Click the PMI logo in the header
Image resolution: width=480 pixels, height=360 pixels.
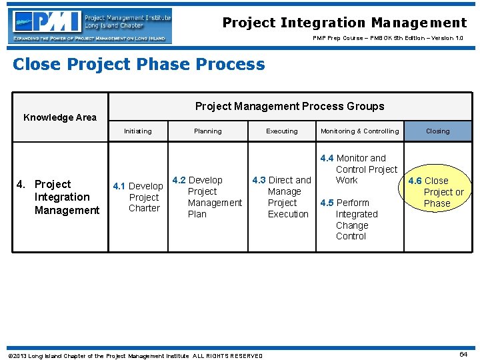coord(91,26)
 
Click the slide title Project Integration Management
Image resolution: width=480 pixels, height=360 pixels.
coord(344,23)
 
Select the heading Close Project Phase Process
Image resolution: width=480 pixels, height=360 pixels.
coord(139,65)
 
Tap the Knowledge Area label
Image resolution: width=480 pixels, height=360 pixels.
coord(60,117)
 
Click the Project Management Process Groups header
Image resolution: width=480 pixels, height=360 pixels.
coord(289,106)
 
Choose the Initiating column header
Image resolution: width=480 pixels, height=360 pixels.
coord(137,131)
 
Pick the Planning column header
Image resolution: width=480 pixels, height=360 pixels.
coord(208,131)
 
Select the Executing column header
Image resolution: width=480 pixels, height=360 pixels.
coord(282,131)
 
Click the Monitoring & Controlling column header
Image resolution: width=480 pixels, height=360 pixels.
coord(359,131)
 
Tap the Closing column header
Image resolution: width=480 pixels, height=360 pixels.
coord(437,131)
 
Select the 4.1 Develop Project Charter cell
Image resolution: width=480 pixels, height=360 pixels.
coord(139,197)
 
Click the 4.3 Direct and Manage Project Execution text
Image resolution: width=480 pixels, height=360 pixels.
coord(282,197)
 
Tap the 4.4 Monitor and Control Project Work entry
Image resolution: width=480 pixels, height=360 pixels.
coord(359,169)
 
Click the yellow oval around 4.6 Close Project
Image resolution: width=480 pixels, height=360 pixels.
coord(437,192)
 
